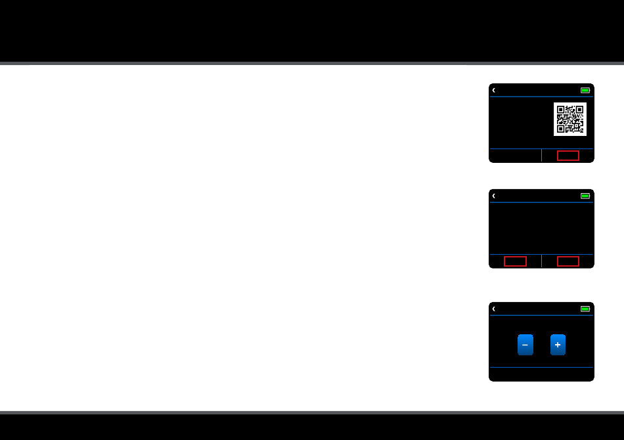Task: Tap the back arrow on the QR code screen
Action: click(x=493, y=91)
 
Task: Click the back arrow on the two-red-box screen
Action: click(x=493, y=196)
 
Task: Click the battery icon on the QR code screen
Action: click(x=585, y=91)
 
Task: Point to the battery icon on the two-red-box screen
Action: click(x=585, y=196)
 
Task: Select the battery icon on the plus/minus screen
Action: click(x=585, y=309)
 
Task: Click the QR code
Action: click(x=569, y=119)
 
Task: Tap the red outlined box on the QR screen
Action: click(x=568, y=156)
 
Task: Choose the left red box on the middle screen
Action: click(x=515, y=261)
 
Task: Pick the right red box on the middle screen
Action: click(x=568, y=261)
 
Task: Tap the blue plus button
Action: click(x=558, y=345)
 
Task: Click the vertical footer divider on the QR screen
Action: click(x=541, y=155)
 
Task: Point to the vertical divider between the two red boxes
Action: click(x=541, y=261)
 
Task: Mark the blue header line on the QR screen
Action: click(x=541, y=97)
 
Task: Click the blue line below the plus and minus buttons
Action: click(x=541, y=367)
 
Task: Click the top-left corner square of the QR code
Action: click(x=560, y=110)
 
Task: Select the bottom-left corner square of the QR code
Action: click(x=560, y=129)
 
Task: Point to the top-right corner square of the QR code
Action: click(x=579, y=110)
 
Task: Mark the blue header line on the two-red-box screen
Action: click(x=541, y=202)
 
